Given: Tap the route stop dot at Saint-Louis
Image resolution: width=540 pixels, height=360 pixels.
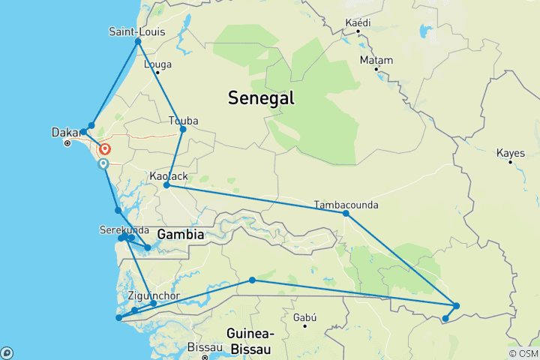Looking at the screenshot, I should pyautogui.click(x=138, y=41).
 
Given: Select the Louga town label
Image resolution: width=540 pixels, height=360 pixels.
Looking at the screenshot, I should pyautogui.click(x=157, y=64).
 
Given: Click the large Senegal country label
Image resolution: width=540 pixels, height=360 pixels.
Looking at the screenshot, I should pyautogui.click(x=261, y=97).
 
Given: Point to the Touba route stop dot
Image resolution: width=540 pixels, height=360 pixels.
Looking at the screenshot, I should pyautogui.click(x=183, y=129).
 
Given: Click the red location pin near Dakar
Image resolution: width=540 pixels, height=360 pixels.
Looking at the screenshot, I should pyautogui.click(x=104, y=150).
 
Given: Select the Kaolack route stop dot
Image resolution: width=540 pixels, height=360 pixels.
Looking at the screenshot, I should pyautogui.click(x=166, y=184).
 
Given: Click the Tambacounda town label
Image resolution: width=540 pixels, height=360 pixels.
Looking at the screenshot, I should pyautogui.click(x=346, y=204).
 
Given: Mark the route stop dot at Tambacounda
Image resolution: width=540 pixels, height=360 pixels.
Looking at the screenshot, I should pyautogui.click(x=346, y=213).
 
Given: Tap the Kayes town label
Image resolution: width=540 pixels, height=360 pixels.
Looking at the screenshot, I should pyautogui.click(x=511, y=153).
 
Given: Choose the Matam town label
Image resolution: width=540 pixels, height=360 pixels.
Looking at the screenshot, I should pyautogui.click(x=376, y=59).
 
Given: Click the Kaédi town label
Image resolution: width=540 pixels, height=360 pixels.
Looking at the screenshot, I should pyautogui.click(x=358, y=23).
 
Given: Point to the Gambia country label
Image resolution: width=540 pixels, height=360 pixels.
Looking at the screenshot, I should pyautogui.click(x=180, y=235).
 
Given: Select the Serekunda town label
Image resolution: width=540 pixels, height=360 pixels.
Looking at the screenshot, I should pyautogui.click(x=124, y=229).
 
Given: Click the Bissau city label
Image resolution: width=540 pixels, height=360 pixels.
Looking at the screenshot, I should pyautogui.click(x=205, y=347).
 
